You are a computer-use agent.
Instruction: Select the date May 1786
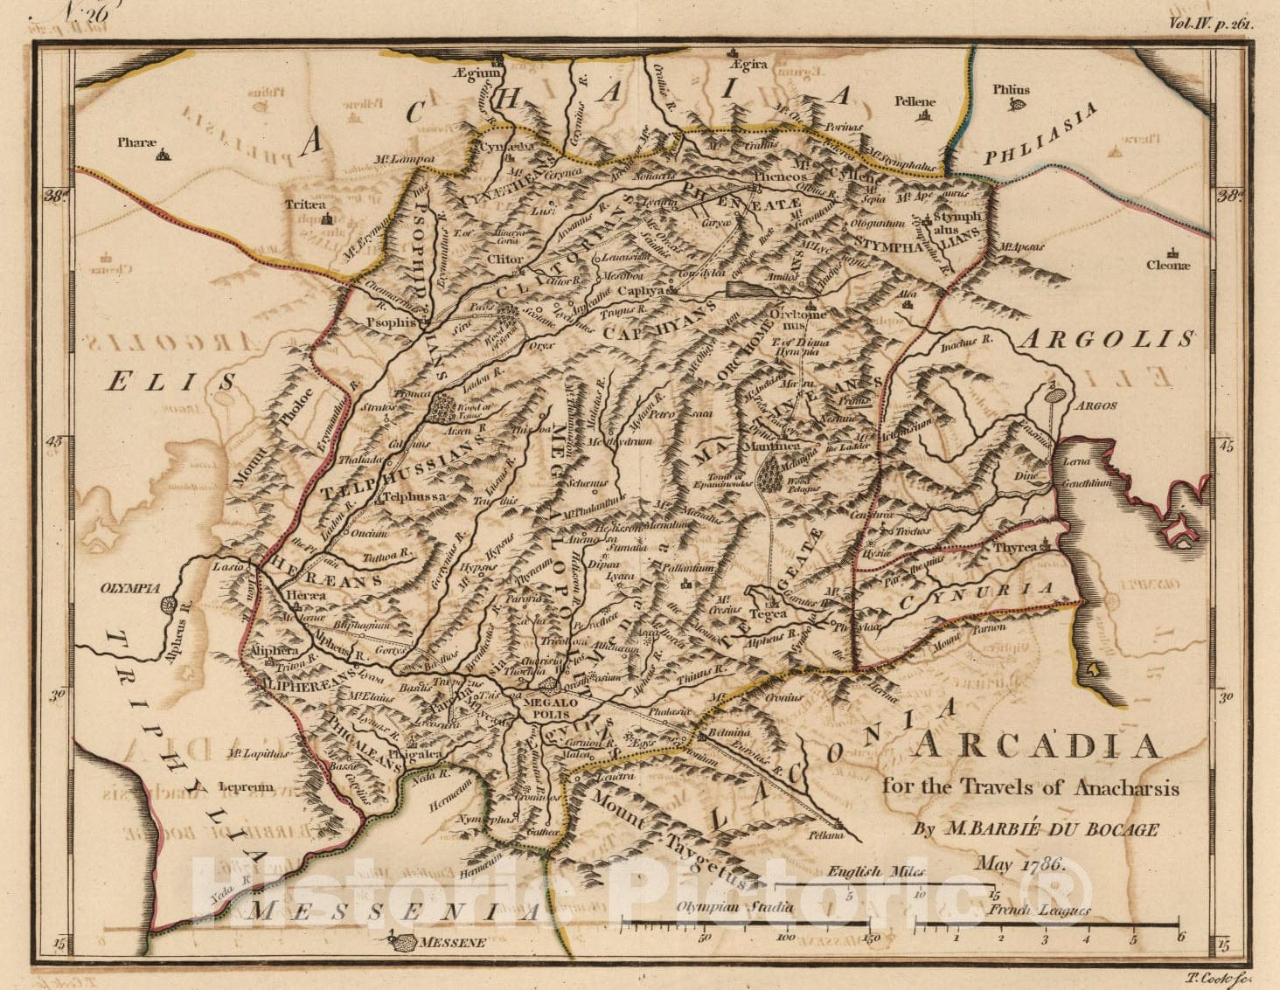pyautogui.click(x=1019, y=865)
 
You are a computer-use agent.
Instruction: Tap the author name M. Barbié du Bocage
pyautogui.click(x=1036, y=829)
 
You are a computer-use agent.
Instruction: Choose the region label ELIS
pyautogui.click(x=172, y=380)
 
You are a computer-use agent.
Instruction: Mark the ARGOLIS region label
pyautogui.click(x=1108, y=339)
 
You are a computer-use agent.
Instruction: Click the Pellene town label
pyautogui.click(x=915, y=101)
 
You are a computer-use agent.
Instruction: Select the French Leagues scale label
pyautogui.click(x=1040, y=911)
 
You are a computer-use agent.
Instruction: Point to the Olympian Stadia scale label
pyautogui.click(x=734, y=907)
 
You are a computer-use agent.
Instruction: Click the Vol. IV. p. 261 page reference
pyautogui.click(x=1210, y=24)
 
